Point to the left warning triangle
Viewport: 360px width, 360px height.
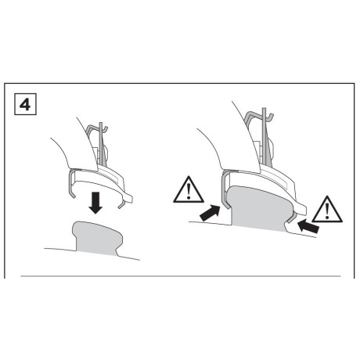pyautogui.click(x=186, y=189)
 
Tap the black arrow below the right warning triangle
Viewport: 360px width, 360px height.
pyautogui.click(x=308, y=227)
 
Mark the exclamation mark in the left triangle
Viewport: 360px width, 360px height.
pyautogui.click(x=186, y=191)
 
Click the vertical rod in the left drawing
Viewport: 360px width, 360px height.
pyautogui.click(x=101, y=145)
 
